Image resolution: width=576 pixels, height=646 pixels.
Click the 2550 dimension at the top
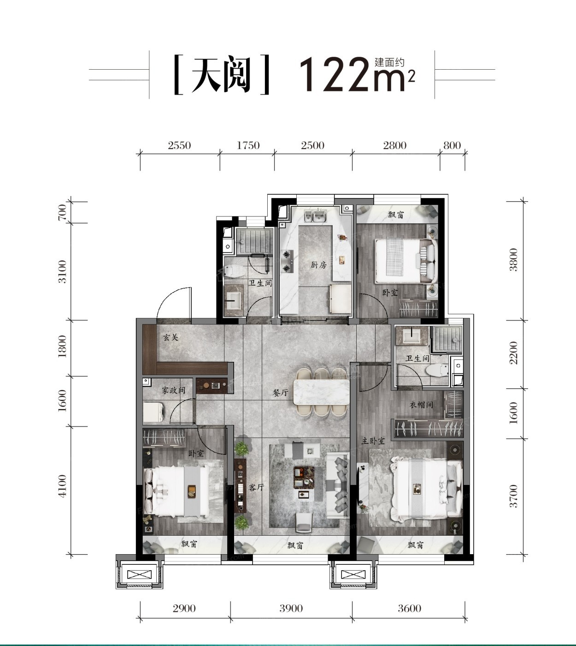[179, 145]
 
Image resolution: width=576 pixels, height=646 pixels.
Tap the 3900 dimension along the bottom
[291, 608]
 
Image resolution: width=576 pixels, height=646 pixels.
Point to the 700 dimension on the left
[62, 212]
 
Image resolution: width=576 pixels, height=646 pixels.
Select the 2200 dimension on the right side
[513, 353]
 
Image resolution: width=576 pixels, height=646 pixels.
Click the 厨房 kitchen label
[319, 265]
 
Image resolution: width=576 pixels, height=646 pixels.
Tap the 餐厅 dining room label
[280, 393]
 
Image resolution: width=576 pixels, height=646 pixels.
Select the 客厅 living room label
[256, 487]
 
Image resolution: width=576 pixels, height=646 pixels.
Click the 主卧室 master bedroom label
[373, 441]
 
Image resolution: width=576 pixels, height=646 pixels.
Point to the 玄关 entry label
[170, 337]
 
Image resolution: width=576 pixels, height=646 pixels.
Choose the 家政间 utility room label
[173, 390]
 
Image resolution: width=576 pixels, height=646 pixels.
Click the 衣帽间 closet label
[421, 405]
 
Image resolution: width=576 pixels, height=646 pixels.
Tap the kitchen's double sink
[314, 215]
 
